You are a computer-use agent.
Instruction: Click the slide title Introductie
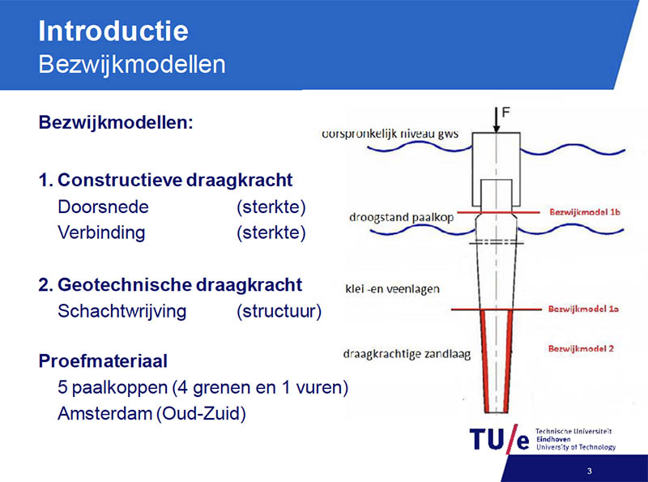tap(113, 31)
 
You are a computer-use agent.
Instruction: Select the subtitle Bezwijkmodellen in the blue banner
tap(132, 65)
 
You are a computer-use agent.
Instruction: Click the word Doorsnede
tap(103, 207)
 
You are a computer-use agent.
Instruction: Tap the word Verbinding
tap(101, 232)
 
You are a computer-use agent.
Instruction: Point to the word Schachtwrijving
tap(122, 311)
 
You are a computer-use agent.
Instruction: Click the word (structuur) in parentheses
tap(279, 311)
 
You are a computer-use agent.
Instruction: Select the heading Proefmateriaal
tap(103, 360)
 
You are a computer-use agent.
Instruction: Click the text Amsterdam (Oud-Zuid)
tap(151, 413)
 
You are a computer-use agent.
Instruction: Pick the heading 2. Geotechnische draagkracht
tap(170, 285)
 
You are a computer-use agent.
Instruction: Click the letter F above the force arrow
tap(505, 113)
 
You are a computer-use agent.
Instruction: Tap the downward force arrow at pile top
tap(496, 120)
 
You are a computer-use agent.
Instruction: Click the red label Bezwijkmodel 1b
tap(585, 212)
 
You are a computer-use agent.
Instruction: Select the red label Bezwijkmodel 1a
tap(583, 309)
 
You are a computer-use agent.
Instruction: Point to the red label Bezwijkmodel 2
tap(581, 348)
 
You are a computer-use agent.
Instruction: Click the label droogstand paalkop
tap(401, 217)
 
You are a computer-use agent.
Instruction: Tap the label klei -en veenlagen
tap(392, 288)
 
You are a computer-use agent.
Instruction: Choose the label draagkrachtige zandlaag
tap(407, 354)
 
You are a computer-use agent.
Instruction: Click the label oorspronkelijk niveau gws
tap(390, 134)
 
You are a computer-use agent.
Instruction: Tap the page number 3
tap(590, 471)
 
